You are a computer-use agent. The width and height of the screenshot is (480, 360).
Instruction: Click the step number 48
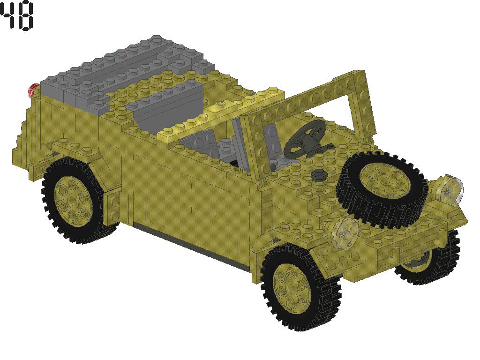point(17,15)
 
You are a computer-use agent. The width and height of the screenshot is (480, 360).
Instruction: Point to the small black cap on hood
point(320,175)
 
